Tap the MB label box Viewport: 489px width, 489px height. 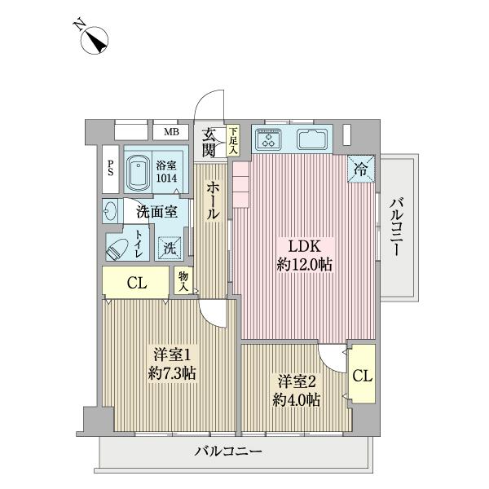(171, 132)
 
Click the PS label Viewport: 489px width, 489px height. (110, 169)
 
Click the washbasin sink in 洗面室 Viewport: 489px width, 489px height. (112, 211)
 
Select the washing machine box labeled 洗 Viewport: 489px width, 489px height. (170, 247)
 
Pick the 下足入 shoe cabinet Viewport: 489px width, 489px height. (233, 141)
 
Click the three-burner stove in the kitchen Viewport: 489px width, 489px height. (270, 139)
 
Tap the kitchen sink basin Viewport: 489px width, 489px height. (311, 139)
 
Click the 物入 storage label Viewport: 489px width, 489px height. (184, 281)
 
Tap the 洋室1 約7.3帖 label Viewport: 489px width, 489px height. (172, 364)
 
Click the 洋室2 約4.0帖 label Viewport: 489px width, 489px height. (296, 390)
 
